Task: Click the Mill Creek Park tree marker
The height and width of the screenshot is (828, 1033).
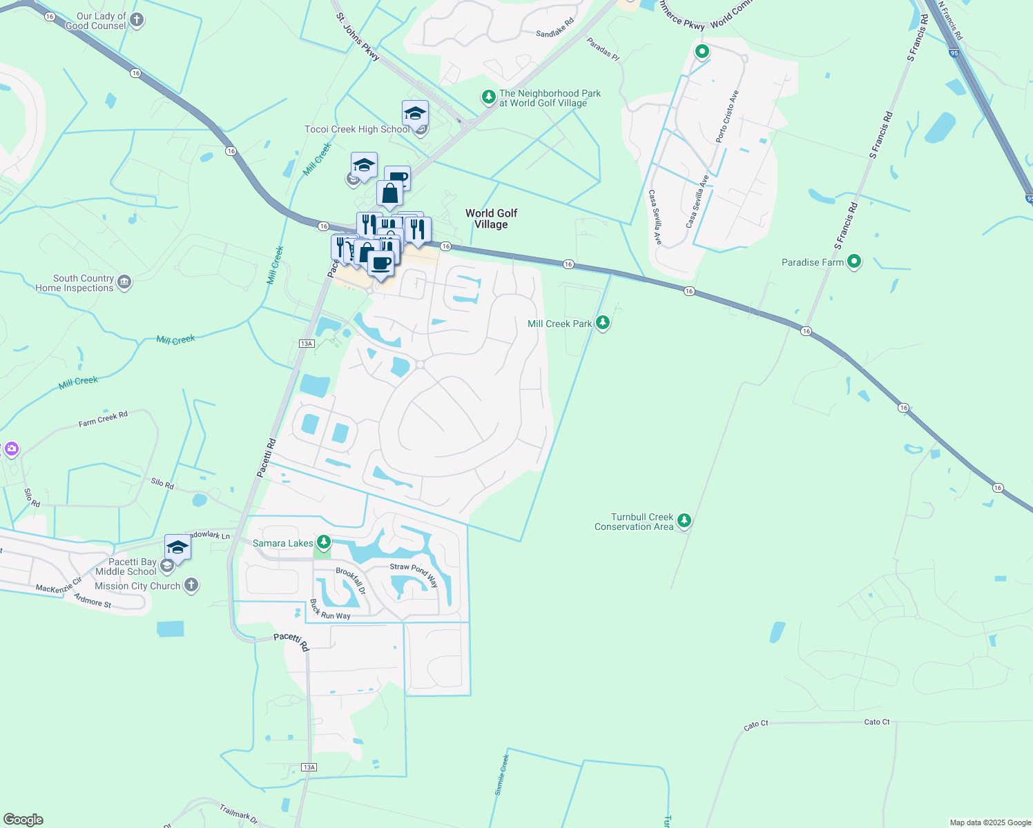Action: coord(603,323)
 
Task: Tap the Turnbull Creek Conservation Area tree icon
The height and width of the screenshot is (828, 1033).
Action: coord(684,521)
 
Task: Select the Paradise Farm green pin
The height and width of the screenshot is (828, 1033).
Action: coord(854,262)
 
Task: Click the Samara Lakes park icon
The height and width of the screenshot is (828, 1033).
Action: coord(322,542)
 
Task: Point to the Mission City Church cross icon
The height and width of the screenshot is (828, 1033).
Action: coord(191,585)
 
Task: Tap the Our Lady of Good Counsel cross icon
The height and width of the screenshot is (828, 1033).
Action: coord(137,20)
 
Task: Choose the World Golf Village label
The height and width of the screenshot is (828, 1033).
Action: coord(491,219)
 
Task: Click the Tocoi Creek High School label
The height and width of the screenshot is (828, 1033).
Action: coord(357,129)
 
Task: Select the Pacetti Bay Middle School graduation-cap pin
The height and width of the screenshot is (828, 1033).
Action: coord(177,548)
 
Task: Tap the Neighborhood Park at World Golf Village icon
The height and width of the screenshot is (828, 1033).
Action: coord(489,97)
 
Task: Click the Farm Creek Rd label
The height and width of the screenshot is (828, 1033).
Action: coord(103,419)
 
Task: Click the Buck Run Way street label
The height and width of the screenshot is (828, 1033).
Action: coord(329,610)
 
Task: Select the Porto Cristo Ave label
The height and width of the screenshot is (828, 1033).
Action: coord(727,116)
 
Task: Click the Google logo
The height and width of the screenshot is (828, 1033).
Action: coord(23,819)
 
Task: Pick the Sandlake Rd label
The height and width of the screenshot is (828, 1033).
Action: coord(555,28)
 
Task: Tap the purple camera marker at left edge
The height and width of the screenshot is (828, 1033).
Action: coord(10,449)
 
